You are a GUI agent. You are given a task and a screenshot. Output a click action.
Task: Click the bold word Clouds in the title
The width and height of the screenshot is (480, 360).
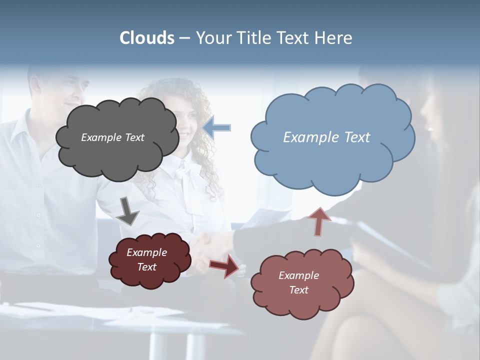tap(147, 38)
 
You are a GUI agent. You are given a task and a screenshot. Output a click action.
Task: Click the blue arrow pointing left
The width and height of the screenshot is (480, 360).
tap(217, 128)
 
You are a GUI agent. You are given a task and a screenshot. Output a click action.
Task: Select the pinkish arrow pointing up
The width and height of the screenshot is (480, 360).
tap(318, 221)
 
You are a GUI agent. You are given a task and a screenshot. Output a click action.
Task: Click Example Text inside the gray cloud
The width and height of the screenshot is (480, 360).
tap(112, 137)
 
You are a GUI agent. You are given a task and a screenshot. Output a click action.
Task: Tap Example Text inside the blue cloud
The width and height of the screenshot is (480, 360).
tap(326, 137)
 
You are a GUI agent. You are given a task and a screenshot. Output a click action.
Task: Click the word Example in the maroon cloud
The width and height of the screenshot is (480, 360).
tap(146, 252)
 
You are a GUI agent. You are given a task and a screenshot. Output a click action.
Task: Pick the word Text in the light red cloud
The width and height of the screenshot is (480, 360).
tap(298, 290)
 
